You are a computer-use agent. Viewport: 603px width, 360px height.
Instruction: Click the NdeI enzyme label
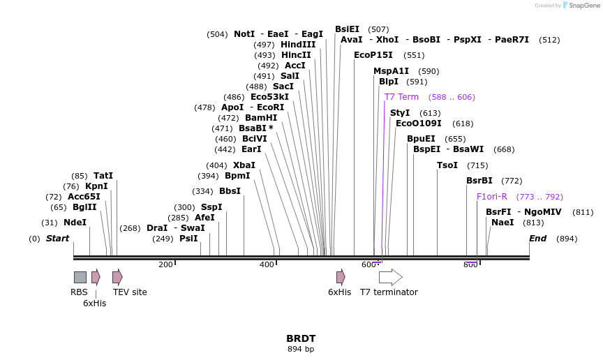tap(75, 223)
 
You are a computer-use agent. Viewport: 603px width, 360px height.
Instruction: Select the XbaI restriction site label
tap(244, 165)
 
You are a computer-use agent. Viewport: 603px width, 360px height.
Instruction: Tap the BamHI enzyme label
tap(261, 118)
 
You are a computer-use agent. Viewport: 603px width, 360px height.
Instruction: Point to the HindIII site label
tap(298, 45)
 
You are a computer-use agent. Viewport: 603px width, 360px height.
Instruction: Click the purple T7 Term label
tap(401, 97)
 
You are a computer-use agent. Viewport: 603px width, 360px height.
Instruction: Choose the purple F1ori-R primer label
tap(491, 197)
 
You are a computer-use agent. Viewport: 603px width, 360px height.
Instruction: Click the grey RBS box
tap(80, 277)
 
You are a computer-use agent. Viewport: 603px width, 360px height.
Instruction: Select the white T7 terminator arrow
tap(390, 277)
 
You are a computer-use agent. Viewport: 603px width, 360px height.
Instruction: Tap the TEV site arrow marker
tap(117, 277)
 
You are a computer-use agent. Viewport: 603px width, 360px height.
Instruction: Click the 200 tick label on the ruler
tap(165, 264)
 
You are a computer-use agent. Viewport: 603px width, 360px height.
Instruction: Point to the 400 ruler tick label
tap(267, 264)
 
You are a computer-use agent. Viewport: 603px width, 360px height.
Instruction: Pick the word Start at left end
tap(58, 239)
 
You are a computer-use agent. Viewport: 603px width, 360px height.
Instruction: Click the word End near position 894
tap(537, 239)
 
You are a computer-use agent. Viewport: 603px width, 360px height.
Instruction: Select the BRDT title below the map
tap(301, 338)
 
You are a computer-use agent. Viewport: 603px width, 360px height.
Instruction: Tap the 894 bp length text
tap(301, 349)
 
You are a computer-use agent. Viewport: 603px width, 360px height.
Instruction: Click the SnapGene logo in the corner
tap(581, 6)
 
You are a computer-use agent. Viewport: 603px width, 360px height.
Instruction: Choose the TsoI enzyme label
tap(447, 165)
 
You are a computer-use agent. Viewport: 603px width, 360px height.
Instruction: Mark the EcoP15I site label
tap(373, 55)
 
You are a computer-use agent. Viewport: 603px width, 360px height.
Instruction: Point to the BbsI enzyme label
tap(230, 191)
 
